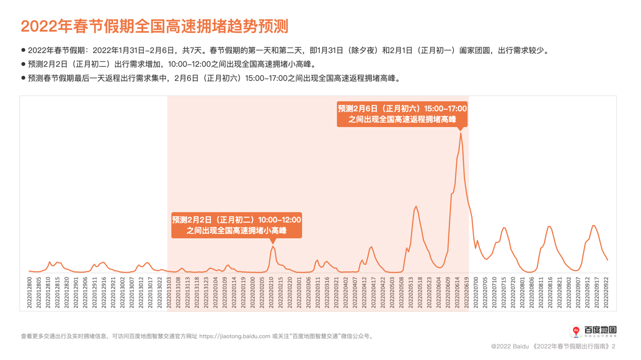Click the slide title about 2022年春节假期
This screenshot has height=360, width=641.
pos(154,26)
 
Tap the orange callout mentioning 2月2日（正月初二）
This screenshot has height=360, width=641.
pos(237,225)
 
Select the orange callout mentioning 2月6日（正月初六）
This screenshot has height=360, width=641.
pos(402,114)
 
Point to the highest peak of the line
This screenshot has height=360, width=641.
pos(461,133)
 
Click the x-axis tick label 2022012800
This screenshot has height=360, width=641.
pos(30,292)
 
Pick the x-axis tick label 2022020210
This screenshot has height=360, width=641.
pos(271,292)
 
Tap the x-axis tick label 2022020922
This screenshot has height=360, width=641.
pos(606,292)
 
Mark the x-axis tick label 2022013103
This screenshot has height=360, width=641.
pos(169,292)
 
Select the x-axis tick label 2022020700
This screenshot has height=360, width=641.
pos(476,292)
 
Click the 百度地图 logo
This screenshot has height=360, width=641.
pos(594,331)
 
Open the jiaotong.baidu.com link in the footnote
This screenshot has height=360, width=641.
pos(235,336)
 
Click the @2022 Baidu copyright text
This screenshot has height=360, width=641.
pos(509,346)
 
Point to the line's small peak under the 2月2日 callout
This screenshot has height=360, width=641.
pos(273,247)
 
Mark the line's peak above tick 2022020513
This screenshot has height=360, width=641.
pos(416,206)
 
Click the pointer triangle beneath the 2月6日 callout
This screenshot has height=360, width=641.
pos(461,128)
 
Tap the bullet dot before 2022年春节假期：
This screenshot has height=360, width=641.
pos(23,50)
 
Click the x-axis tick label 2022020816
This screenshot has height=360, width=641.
pos(550,292)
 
